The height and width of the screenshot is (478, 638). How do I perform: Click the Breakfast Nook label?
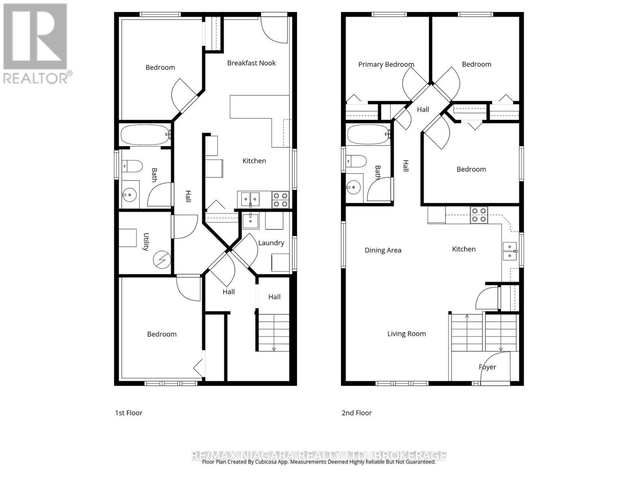coord(251,63)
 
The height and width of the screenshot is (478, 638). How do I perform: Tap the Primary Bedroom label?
coord(386,65)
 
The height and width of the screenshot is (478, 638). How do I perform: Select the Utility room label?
coord(146,242)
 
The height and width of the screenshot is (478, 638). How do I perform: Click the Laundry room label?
coord(271,243)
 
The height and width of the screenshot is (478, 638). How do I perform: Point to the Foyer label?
coord(487,367)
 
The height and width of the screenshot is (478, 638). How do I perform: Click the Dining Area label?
coord(383,251)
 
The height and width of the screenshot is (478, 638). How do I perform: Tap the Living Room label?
coord(406,334)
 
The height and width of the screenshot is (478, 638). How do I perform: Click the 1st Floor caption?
coord(128,413)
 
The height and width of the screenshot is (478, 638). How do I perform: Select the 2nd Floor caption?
coord(356,413)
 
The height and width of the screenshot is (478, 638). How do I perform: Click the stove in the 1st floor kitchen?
coord(280,200)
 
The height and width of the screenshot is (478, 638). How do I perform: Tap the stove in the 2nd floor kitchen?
coord(478,215)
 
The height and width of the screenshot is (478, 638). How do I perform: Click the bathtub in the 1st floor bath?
coord(145,135)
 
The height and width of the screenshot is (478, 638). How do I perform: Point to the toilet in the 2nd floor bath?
coord(356,161)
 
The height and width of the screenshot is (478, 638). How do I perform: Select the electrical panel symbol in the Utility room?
coord(162,260)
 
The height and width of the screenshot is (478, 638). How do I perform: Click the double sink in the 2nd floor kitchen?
coord(510,251)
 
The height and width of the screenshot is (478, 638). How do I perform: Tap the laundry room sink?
coord(250,221)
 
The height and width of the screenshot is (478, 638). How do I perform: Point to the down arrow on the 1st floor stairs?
coord(274,349)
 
